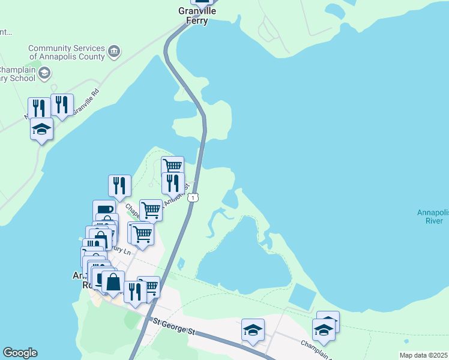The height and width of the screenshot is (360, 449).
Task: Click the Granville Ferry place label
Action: (193, 16)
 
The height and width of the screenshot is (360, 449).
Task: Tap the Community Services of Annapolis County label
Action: (67, 52)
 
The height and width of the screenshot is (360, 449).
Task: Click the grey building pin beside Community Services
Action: (114, 52)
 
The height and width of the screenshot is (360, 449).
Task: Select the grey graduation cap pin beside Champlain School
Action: (44, 73)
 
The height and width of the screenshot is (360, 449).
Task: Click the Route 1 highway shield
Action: (192, 197)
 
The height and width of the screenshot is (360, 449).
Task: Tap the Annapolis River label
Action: (430, 217)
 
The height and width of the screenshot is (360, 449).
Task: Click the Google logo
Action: (20, 353)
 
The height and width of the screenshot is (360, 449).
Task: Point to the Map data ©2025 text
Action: (423, 355)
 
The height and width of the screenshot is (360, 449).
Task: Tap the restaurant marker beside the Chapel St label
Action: (119, 186)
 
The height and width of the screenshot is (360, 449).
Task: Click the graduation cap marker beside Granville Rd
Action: (41, 129)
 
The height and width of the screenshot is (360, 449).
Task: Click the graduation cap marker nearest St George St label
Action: (253, 329)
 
